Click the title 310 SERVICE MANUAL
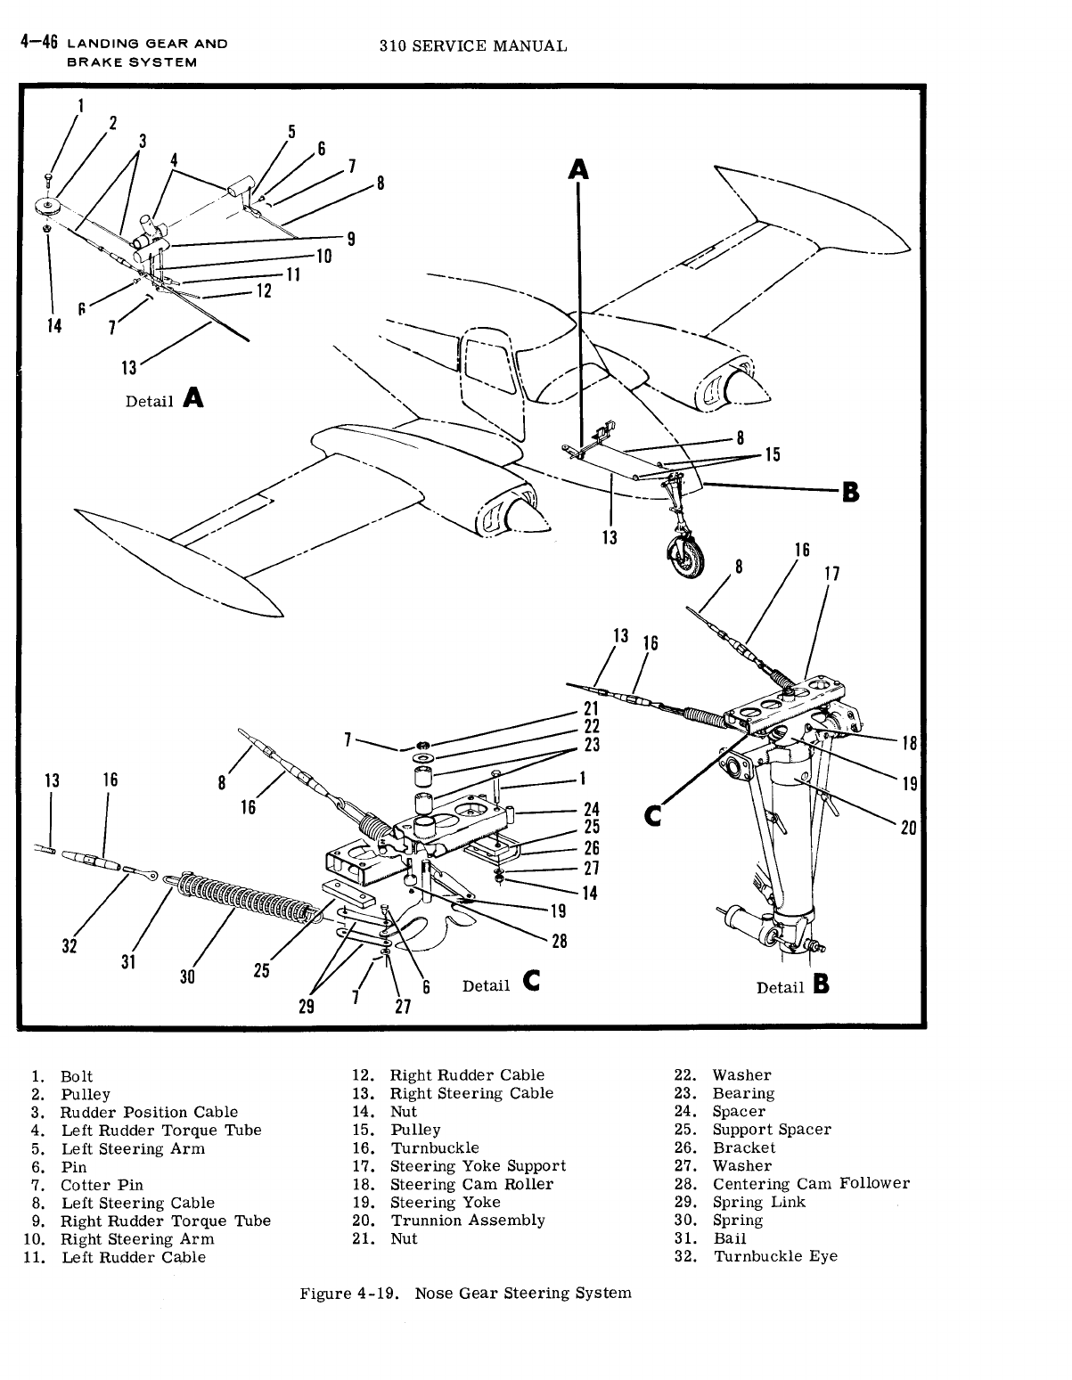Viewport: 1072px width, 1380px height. pyautogui.click(x=472, y=45)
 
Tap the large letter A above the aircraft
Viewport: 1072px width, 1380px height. pyautogui.click(x=579, y=168)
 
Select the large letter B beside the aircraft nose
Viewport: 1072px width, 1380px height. pyautogui.click(x=851, y=491)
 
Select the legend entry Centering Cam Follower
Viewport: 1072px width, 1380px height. pyautogui.click(x=811, y=1184)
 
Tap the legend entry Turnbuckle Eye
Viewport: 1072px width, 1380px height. pyautogui.click(x=775, y=1257)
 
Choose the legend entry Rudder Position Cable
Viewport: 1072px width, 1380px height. pyautogui.click(x=149, y=1112)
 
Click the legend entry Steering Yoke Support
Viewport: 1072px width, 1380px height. pyautogui.click(x=478, y=1166)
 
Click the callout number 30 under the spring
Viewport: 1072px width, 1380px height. pyautogui.click(x=187, y=976)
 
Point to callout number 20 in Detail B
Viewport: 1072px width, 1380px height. pyautogui.click(x=908, y=828)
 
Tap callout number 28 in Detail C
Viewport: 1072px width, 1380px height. pyautogui.click(x=559, y=941)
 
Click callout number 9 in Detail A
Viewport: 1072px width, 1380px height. pyautogui.click(x=351, y=238)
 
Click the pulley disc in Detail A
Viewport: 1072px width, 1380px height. pyautogui.click(x=47, y=207)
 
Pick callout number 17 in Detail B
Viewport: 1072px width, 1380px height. pyautogui.click(x=831, y=574)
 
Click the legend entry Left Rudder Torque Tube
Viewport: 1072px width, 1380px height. pyautogui.click(x=160, y=1130)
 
